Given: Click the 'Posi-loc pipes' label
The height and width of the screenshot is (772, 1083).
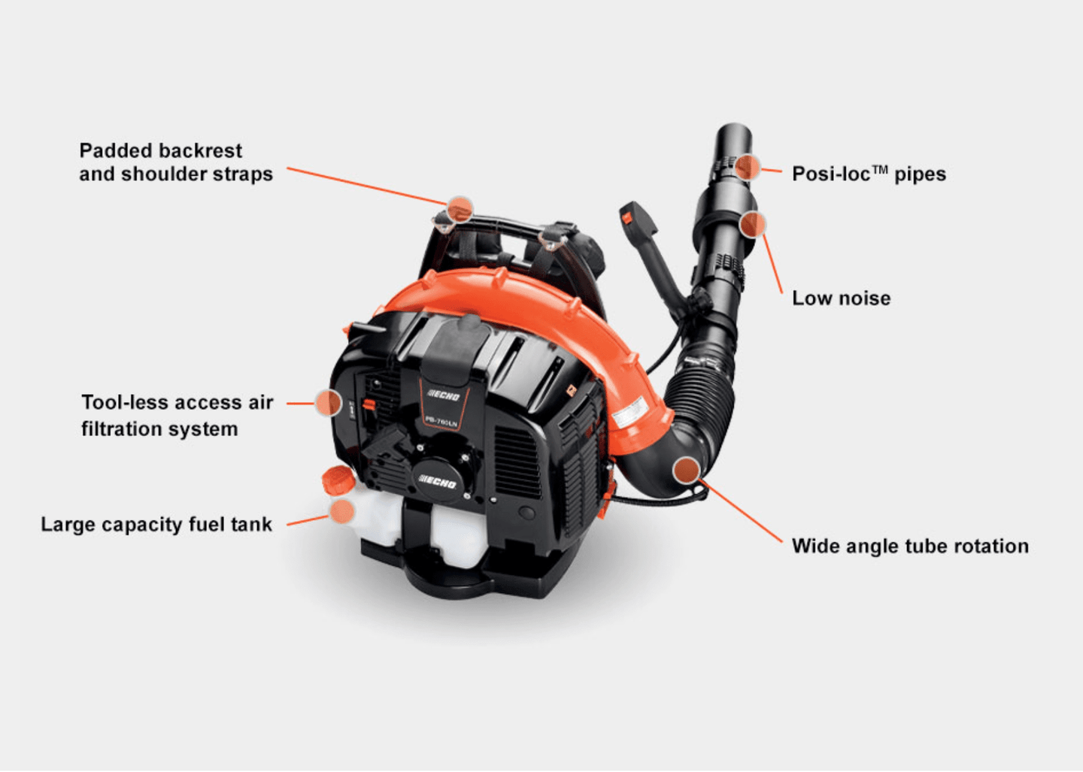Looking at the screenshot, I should click(x=869, y=174).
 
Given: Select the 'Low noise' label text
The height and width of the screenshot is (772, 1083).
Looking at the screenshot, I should click(x=841, y=298).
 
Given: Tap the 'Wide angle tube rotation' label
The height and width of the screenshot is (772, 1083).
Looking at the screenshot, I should click(x=910, y=546).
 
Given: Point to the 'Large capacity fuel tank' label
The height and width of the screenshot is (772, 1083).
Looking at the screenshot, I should click(x=156, y=525).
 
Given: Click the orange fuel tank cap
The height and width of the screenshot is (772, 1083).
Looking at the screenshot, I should click(x=336, y=479).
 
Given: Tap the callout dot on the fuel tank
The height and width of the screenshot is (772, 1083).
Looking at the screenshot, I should click(x=342, y=511).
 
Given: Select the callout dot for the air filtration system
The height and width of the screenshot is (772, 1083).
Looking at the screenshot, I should click(x=328, y=403).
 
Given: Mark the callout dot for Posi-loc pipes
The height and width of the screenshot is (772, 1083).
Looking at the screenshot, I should click(x=748, y=167).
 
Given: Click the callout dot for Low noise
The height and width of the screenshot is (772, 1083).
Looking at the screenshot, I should click(x=752, y=223).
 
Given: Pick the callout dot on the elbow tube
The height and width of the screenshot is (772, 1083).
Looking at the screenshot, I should click(x=686, y=470).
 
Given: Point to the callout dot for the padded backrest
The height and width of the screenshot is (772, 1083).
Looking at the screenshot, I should click(x=460, y=208).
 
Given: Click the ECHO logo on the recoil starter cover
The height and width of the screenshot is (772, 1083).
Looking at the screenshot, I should click(x=437, y=481).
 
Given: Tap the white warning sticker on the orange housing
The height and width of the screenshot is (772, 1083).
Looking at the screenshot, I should click(x=630, y=413).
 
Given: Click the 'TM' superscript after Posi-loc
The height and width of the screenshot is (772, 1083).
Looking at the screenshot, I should click(x=879, y=169).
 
